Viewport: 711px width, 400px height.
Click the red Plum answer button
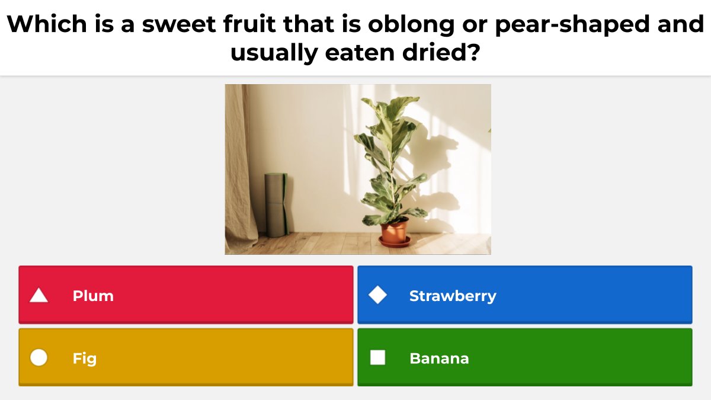pyautogui.click(x=185, y=295)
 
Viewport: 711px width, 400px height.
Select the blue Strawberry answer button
pyautogui.click(x=524, y=295)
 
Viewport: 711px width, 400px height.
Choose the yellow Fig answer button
pyautogui.click(x=185, y=357)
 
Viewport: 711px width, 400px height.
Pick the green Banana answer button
pyautogui.click(x=524, y=357)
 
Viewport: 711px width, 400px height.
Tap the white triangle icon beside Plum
pyautogui.click(x=39, y=295)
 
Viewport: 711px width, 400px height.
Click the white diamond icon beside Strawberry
pyautogui.click(x=377, y=295)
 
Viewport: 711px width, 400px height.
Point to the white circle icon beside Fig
pyautogui.click(x=39, y=358)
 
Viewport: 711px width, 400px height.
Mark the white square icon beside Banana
pyautogui.click(x=377, y=358)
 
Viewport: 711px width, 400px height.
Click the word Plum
pyautogui.click(x=93, y=296)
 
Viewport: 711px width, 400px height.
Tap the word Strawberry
pyautogui.click(x=453, y=296)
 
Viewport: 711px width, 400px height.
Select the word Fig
pyautogui.click(x=85, y=359)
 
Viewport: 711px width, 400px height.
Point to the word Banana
pyautogui.click(x=439, y=359)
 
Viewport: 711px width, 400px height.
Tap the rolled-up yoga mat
pyautogui.click(x=276, y=204)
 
